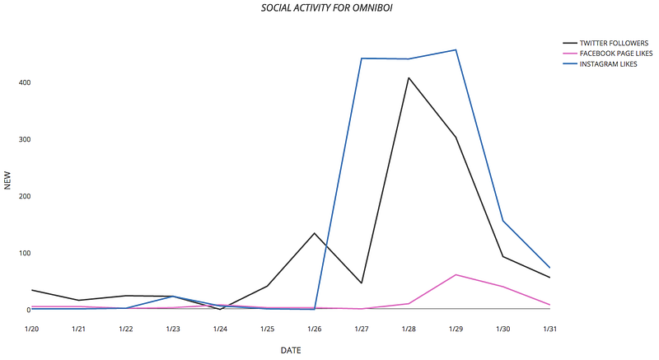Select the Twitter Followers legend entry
609,42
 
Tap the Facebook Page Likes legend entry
610,53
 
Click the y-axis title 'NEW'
8,180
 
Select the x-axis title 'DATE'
291,351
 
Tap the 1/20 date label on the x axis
31,330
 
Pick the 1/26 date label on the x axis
315,330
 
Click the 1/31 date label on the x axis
550,330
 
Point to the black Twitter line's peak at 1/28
409,78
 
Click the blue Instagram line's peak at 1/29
456,50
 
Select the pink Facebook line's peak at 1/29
456,275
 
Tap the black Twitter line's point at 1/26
315,233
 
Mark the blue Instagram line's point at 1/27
362,58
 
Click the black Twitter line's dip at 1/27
362,283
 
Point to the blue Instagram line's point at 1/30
502,221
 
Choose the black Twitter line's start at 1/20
31,290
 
